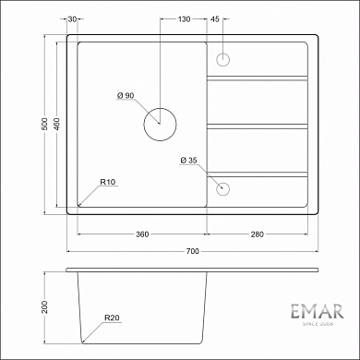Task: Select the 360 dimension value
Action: coord(142,234)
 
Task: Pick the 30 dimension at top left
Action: coord(72,18)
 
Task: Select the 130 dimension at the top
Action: coord(184,18)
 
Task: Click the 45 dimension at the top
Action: coord(215,18)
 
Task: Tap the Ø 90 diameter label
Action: coord(126,96)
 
